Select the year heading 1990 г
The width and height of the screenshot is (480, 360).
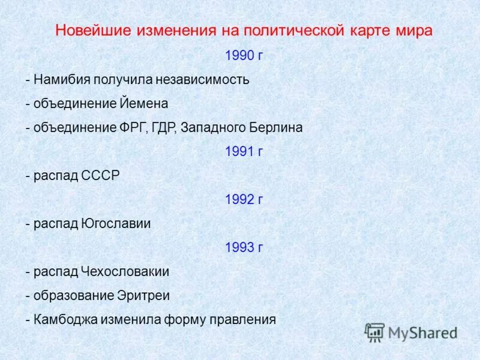click(x=244, y=56)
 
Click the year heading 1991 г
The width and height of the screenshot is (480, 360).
click(x=244, y=152)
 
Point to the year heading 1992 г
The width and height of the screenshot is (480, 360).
click(x=244, y=200)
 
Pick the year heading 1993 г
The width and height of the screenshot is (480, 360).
click(x=244, y=247)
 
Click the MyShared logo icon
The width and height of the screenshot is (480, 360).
click(x=375, y=332)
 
